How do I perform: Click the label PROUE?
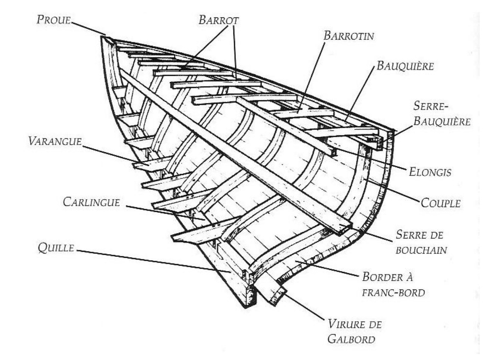pyautogui.click(x=54, y=20)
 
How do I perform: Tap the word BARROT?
pyautogui.click(x=219, y=20)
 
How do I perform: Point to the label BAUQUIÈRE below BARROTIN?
pyautogui.click(x=405, y=66)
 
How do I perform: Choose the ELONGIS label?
pyautogui.click(x=431, y=172)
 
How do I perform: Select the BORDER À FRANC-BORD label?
pyautogui.click(x=393, y=284)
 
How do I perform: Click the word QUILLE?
pyautogui.click(x=55, y=248)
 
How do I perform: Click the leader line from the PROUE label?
pyautogui.click(x=89, y=28)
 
